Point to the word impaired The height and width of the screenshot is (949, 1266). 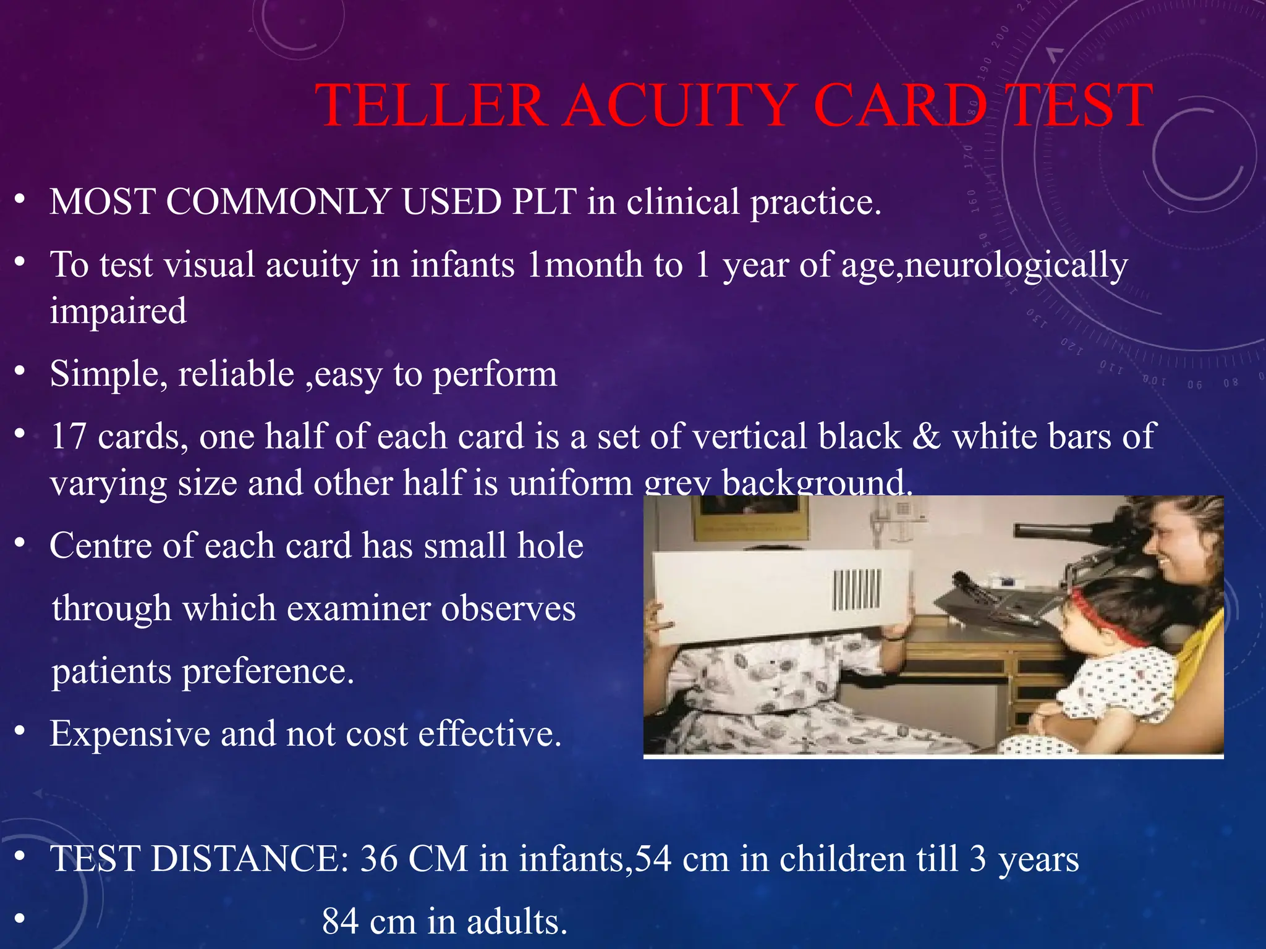118,311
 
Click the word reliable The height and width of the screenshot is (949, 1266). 236,374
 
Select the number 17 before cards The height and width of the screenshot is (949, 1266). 69,436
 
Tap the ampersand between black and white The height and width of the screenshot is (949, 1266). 926,436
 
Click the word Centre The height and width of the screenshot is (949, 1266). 100,546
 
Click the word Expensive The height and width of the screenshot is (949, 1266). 130,734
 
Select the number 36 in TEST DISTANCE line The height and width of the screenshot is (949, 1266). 379,859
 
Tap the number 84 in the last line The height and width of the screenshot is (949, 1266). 341,922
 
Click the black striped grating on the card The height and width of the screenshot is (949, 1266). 856,589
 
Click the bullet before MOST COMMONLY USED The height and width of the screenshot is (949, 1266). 20,200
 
